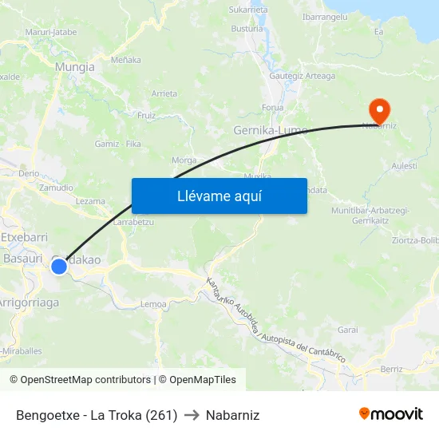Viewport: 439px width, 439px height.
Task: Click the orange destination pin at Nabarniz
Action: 378,109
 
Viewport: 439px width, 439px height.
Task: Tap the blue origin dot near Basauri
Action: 59,266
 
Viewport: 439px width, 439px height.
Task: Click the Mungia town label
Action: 75,68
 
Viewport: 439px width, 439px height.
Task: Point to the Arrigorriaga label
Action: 29,303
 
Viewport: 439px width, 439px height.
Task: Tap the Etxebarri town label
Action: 25,238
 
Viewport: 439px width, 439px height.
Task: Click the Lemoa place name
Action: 153,304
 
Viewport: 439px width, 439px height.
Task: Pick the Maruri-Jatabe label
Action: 51,32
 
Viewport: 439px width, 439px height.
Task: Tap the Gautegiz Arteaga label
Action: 302,76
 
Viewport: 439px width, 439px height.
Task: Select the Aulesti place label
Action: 405,165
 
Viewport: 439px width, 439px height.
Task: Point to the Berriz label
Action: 391,370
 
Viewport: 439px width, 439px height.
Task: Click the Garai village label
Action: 348,329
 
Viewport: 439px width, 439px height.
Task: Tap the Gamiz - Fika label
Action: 117,144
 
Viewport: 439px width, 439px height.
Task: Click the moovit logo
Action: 390,413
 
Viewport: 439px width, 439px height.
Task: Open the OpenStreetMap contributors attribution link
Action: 85,380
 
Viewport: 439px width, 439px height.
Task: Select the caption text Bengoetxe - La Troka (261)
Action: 97,415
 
